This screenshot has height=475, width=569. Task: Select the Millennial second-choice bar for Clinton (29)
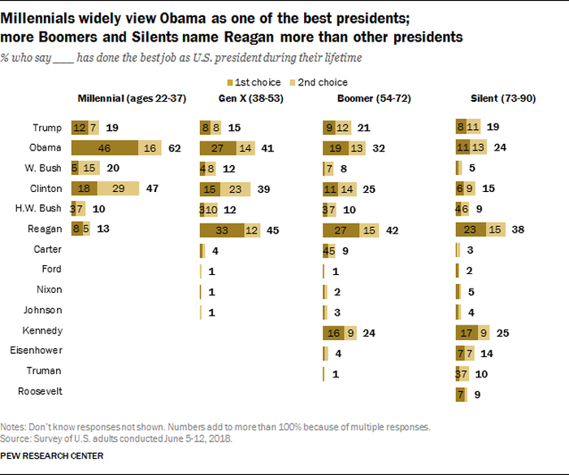(x=119, y=189)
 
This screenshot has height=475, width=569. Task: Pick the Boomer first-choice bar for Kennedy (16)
(x=332, y=332)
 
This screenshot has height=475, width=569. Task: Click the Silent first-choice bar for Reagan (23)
(x=469, y=230)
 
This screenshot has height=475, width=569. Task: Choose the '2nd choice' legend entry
(x=322, y=82)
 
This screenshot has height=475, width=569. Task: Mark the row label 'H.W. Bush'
(x=39, y=209)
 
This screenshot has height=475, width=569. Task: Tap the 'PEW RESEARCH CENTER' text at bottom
(x=52, y=455)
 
